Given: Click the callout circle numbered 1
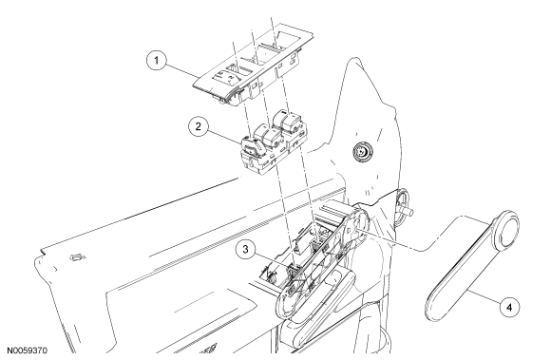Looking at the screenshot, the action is tap(157, 61).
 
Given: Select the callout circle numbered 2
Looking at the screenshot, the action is tap(199, 126).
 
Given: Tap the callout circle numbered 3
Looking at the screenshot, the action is tap(245, 250).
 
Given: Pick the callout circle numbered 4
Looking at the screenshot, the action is tap(509, 308).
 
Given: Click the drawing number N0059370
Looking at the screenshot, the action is tap(27, 351).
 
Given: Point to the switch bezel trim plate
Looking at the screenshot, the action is tap(253, 64).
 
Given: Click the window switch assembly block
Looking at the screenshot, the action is tap(273, 142).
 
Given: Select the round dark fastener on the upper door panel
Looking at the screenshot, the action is tap(362, 152).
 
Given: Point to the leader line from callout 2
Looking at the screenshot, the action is tap(225, 137).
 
